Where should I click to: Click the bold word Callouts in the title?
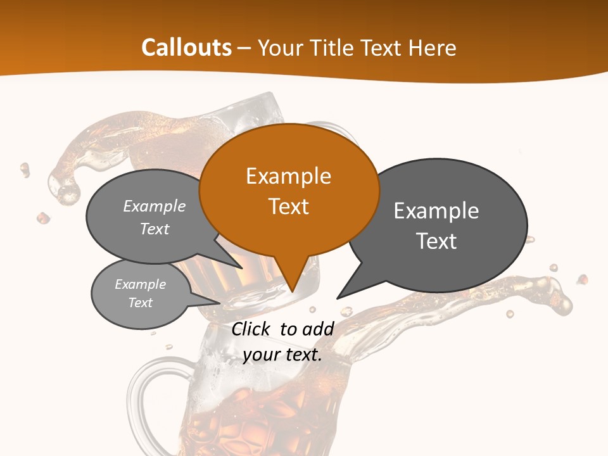[x=186, y=47]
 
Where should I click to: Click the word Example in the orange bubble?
[x=288, y=176]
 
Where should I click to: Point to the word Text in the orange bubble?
[x=288, y=206]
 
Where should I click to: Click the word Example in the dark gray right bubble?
[x=436, y=211]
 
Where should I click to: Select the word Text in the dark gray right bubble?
[x=436, y=241]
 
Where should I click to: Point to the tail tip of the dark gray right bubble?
[x=339, y=296]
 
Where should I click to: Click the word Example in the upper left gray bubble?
[x=155, y=206]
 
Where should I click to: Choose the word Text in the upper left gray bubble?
[x=155, y=229]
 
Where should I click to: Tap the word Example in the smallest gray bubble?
[x=141, y=284]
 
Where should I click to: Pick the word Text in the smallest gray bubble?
[x=141, y=303]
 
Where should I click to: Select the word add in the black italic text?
[x=319, y=329]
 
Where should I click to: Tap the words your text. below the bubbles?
[x=282, y=355]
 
